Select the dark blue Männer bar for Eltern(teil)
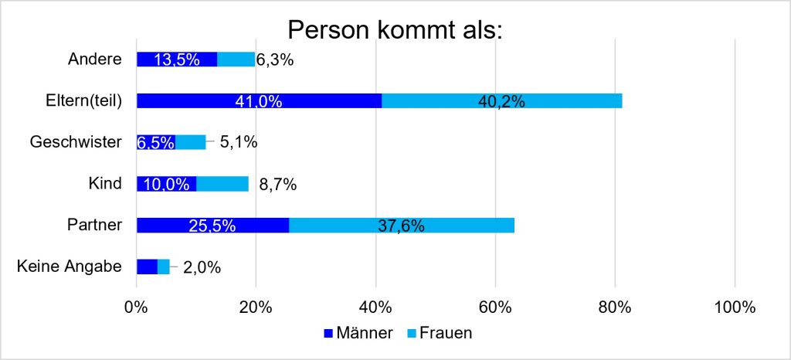click(x=260, y=101)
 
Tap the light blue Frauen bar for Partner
click(x=402, y=226)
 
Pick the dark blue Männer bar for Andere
click(x=177, y=59)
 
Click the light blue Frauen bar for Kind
click(x=222, y=184)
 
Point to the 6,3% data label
click(x=275, y=60)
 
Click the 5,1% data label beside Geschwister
click(x=238, y=143)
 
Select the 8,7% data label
click(x=277, y=185)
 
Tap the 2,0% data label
click(x=202, y=267)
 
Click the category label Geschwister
click(x=76, y=142)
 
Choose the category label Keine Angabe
click(x=70, y=267)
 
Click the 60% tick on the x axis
click(x=495, y=307)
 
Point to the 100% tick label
click(x=735, y=307)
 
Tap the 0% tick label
click(x=137, y=307)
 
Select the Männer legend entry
click(x=358, y=333)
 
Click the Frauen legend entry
click(x=439, y=333)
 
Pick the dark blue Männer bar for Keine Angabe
click(x=148, y=267)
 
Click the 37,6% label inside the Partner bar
click(x=401, y=226)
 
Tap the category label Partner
click(x=95, y=225)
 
